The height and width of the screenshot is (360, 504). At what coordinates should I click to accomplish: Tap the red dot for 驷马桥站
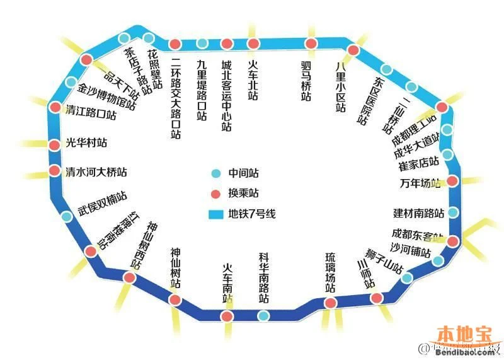click(x=311, y=44)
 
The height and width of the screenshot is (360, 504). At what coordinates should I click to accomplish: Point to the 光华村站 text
click(x=86, y=143)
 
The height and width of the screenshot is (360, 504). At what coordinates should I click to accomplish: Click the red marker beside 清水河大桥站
click(x=54, y=171)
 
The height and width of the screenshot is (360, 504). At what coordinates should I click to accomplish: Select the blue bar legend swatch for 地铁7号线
click(x=216, y=214)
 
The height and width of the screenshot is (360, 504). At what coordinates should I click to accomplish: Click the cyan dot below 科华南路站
click(x=263, y=315)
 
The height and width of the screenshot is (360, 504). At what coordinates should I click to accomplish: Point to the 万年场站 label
click(x=420, y=183)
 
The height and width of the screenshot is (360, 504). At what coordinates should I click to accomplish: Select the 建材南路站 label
click(x=418, y=213)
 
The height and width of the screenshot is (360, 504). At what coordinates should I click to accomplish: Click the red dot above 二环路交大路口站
click(x=176, y=45)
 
